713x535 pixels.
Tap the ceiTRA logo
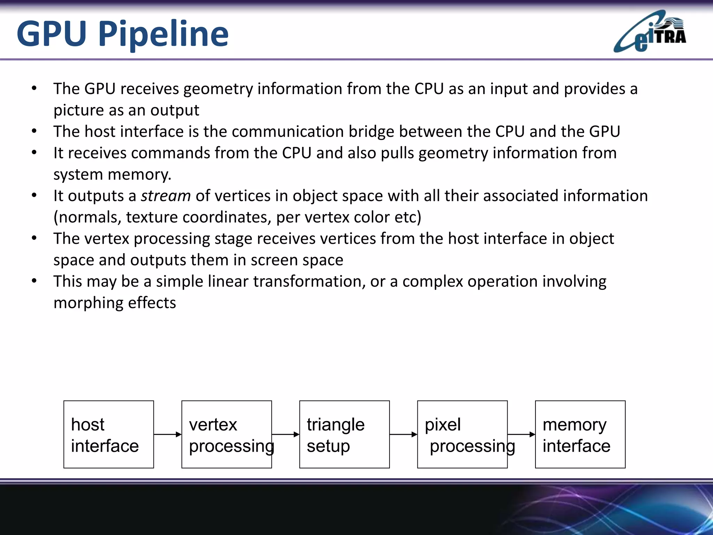(x=650, y=32)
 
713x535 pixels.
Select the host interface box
(x=109, y=434)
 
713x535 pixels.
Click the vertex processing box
(x=226, y=434)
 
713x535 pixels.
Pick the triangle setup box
(x=344, y=434)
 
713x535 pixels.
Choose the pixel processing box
(x=462, y=434)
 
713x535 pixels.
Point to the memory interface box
(x=580, y=434)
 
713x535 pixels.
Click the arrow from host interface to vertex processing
(x=167, y=434)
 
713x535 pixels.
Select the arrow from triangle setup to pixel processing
(x=403, y=434)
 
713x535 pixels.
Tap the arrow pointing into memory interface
(x=521, y=434)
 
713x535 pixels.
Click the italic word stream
(x=166, y=196)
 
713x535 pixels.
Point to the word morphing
(x=88, y=303)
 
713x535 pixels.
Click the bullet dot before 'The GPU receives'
(x=34, y=88)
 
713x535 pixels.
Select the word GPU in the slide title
(x=52, y=34)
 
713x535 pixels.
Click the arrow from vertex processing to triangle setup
(x=285, y=434)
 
